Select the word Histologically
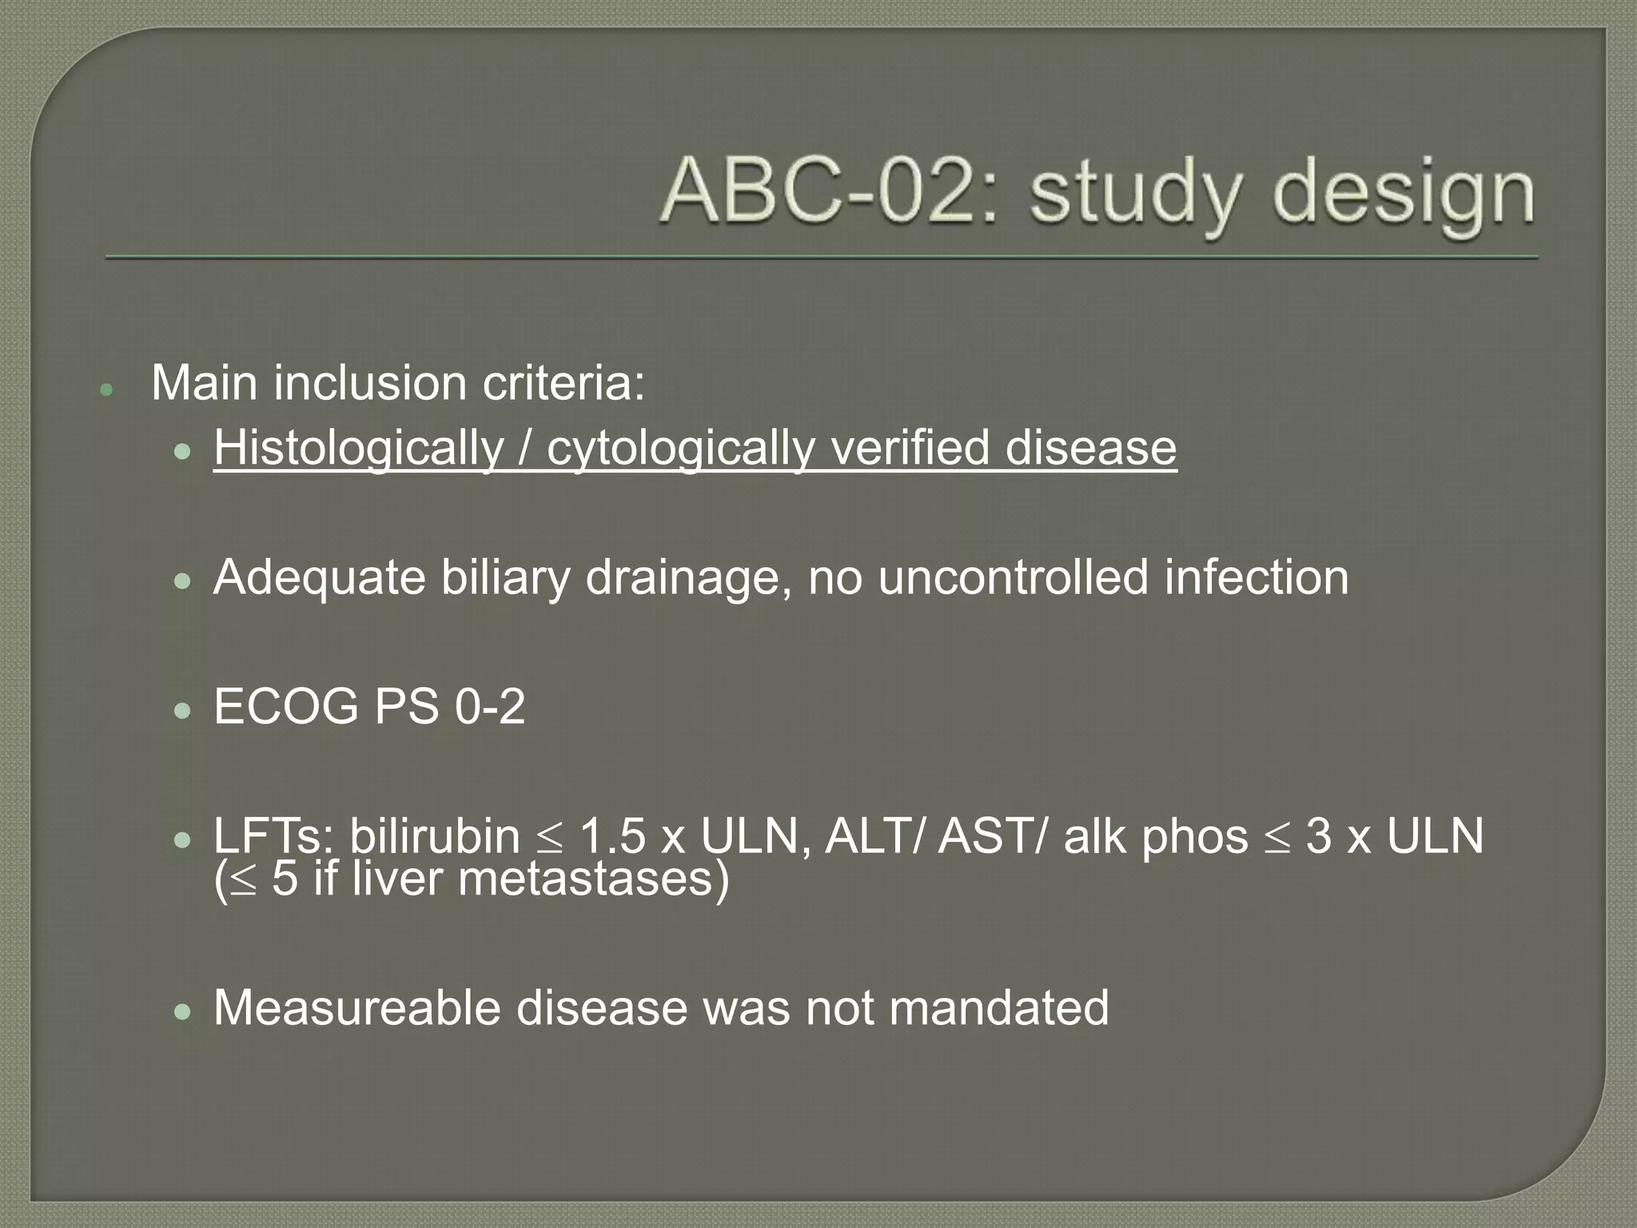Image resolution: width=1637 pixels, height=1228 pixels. (x=357, y=448)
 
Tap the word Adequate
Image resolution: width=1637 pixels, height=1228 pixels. (x=319, y=577)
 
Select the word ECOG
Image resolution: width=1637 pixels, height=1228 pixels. (x=285, y=707)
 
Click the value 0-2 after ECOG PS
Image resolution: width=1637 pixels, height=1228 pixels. (x=490, y=707)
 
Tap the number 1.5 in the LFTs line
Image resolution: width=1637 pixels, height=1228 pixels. (x=611, y=836)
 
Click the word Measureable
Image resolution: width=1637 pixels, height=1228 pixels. (x=356, y=1007)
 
